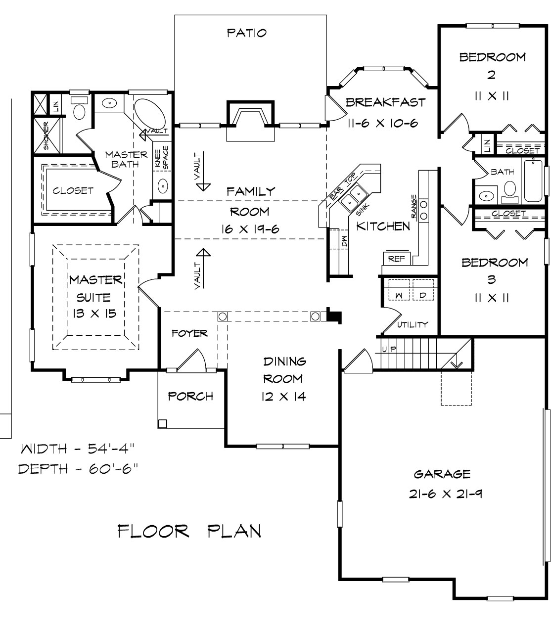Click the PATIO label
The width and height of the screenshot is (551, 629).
(x=247, y=33)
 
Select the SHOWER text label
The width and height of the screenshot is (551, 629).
(x=46, y=135)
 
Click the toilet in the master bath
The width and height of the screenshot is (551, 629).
(x=79, y=109)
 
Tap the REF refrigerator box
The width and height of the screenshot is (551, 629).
(x=396, y=259)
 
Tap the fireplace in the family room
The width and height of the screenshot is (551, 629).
(x=250, y=121)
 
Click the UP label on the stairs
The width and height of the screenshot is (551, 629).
(x=389, y=349)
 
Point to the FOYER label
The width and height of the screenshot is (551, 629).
(x=189, y=333)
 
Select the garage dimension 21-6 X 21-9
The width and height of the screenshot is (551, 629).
(x=445, y=494)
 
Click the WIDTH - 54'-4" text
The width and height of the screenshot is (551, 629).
(x=78, y=449)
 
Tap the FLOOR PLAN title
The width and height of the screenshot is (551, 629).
(x=189, y=531)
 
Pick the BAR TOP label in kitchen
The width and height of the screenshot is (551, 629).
(x=343, y=186)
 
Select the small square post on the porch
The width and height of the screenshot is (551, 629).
(x=162, y=424)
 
